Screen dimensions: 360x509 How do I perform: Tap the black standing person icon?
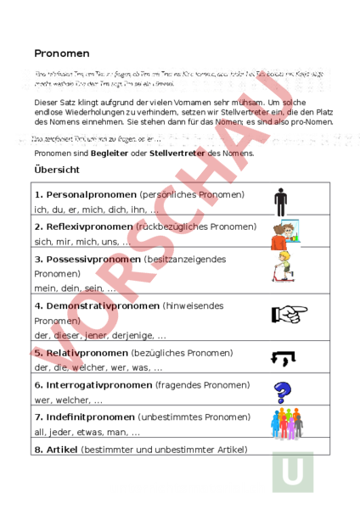pyautogui.click(x=281, y=202)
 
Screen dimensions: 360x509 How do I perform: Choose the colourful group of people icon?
pyautogui.click(x=286, y=422)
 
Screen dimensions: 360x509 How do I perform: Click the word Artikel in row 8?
pyautogui.click(x=61, y=449)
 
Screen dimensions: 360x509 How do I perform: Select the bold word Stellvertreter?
pyautogui.click(x=179, y=153)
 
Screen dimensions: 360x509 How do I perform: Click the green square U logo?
pyautogui.click(x=292, y=473)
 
